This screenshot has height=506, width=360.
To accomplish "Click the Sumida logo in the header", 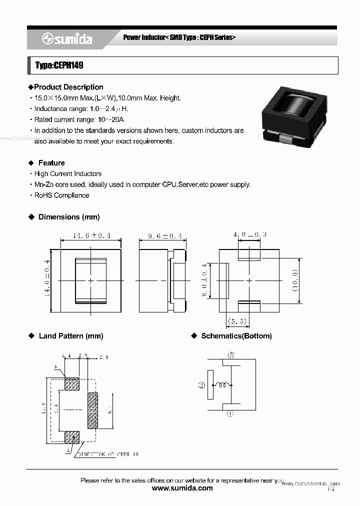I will [x=67, y=39].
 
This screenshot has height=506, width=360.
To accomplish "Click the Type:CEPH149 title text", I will [x=59, y=65].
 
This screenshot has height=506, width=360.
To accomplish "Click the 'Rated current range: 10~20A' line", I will [x=78, y=119].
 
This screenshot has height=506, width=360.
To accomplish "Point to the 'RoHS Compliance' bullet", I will [x=61, y=195].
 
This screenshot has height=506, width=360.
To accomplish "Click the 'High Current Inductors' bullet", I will [x=67, y=173].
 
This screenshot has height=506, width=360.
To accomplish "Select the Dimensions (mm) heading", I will [x=69, y=217].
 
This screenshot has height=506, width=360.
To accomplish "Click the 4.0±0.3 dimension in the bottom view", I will [x=249, y=234].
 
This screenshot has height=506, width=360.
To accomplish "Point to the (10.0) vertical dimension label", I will [x=295, y=280].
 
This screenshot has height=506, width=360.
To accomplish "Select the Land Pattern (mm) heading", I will [x=70, y=336].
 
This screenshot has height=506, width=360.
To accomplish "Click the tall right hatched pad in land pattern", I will [x=93, y=410].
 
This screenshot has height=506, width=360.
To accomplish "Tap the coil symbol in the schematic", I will [x=223, y=385].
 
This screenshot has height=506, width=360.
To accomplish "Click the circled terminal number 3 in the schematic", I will [x=230, y=355].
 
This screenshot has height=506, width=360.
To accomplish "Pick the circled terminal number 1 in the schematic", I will [x=230, y=413].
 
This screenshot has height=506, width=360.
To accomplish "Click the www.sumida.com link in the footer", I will [x=182, y=488].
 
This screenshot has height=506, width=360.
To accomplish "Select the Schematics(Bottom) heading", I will [x=236, y=336].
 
